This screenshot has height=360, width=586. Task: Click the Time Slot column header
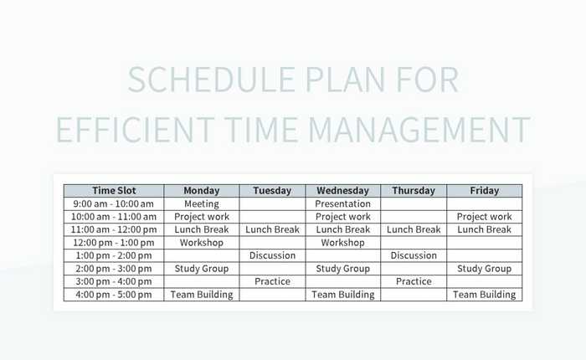click(114, 190)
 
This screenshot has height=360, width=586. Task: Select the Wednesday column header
click(342, 190)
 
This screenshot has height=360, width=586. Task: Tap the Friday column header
click(484, 190)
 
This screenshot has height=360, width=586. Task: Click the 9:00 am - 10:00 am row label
click(114, 203)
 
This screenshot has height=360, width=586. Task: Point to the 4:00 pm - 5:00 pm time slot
click(114, 295)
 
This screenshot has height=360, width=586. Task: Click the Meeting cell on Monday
click(201, 203)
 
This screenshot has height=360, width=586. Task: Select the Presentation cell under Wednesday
click(342, 203)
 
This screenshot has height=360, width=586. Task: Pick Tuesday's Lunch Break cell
click(272, 229)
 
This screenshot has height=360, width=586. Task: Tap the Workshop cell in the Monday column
click(201, 243)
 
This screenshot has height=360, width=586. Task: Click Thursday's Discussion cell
click(414, 255)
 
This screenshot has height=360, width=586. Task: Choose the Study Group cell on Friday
click(484, 269)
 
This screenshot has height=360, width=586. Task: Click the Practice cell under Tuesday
click(272, 281)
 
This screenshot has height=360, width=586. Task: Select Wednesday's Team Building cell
click(342, 295)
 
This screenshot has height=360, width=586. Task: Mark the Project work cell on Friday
click(484, 217)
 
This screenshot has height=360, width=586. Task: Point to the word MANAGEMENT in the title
click(419, 130)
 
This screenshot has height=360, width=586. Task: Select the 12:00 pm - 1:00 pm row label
click(114, 243)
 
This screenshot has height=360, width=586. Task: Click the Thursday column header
click(414, 190)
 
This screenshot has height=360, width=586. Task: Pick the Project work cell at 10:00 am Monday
click(201, 217)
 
